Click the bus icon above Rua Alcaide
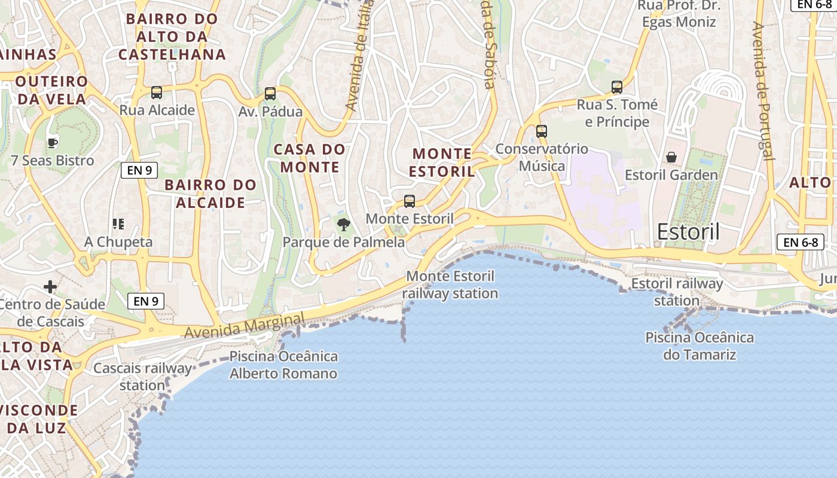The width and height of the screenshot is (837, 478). tap(157, 93)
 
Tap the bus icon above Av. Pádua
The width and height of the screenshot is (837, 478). tap(270, 94)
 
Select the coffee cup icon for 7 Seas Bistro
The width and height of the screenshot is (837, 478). tap(53, 143)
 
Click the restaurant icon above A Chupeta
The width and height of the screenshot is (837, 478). tap(118, 224)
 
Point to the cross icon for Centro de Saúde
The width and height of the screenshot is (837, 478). tap(50, 287)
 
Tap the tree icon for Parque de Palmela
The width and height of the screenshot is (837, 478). tap(343, 225)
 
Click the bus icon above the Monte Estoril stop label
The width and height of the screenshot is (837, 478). tap(410, 201)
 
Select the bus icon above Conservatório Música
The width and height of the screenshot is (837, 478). tap(542, 131)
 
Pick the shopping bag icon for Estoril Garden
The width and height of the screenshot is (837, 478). tap(671, 157)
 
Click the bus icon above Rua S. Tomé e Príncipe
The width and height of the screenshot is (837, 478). tap(617, 87)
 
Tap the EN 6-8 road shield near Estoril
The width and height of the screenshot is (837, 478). tap(801, 242)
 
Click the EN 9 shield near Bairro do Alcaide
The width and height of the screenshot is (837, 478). tap(139, 170)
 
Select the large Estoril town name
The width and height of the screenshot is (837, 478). tap(688, 232)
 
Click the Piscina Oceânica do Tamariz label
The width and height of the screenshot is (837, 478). tap(699, 346)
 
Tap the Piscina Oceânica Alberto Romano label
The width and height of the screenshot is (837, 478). tap(283, 365)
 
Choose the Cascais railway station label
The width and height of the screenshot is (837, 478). tap(142, 376)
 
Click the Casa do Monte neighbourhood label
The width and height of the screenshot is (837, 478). tap(310, 158)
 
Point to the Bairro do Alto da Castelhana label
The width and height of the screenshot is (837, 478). tap(172, 36)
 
